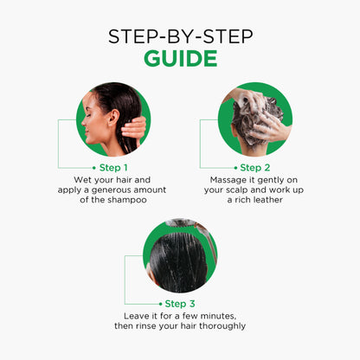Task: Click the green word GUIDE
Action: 181,58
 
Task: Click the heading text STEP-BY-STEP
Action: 181,36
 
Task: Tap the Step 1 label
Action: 113,168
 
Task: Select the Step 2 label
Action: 255,168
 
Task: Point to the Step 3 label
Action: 180,304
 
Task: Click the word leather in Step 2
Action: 268,200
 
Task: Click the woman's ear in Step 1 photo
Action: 113,118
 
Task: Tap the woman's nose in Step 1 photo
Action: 84,123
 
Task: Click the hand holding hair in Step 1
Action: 134,131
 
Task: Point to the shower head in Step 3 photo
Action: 180,222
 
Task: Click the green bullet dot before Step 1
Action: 94,168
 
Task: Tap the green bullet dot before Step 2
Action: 235,168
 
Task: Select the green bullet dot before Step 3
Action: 161,304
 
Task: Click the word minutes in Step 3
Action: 218,316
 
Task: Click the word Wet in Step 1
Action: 80,180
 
